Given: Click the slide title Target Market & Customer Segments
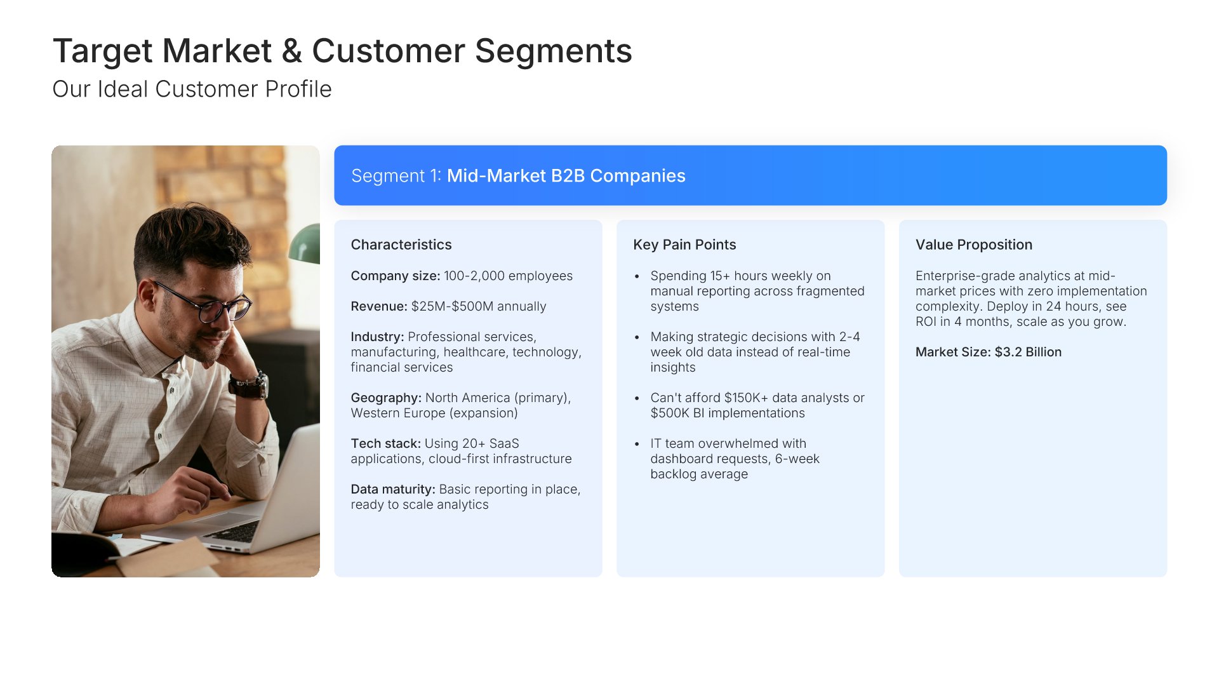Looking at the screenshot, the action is coord(342,51).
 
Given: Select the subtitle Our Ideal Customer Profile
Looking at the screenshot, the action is coord(192,89).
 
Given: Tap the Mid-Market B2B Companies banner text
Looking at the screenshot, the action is coord(566,175).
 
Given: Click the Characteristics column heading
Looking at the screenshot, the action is coord(401,245).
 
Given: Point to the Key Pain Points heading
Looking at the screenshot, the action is coord(684,245).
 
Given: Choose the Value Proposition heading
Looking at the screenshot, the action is coord(974,245).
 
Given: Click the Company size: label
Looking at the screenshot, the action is coord(396,276).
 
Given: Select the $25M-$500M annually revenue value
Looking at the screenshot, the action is coord(479,306).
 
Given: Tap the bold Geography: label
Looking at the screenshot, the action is coord(386,398).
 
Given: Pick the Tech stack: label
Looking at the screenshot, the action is coord(385,443).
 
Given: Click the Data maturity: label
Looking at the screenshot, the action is coord(393,489).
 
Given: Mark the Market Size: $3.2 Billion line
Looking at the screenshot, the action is coord(989,352).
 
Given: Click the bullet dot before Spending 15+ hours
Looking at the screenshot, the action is coord(637,276).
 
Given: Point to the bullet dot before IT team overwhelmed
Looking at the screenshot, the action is coord(637,444).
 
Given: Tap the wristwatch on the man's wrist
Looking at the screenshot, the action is coord(250,385).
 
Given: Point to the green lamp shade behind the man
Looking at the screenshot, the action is coord(305,244).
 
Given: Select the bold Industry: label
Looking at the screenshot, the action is coord(377,337).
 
